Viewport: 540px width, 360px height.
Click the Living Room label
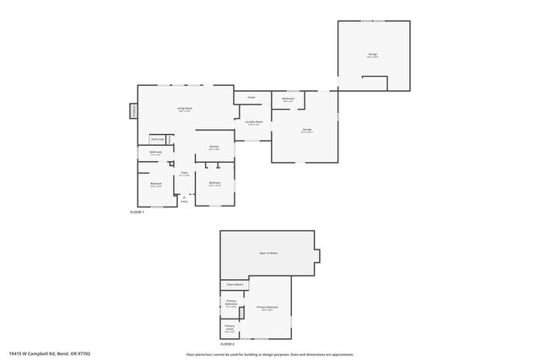pos(184,109)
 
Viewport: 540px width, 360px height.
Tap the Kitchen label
pos(214,147)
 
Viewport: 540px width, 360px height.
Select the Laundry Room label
pos(253,122)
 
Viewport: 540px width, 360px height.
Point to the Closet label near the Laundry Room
pos(251,98)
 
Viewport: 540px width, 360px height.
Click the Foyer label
pos(184,173)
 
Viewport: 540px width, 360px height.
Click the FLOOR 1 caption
pos(137,212)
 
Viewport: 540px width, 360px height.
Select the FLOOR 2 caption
pos(228,344)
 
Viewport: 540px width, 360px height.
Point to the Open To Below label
pos(268,252)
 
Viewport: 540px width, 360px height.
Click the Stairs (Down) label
pos(234,285)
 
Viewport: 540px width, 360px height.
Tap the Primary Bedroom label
pos(267,308)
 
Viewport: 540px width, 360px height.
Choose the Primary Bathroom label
pos(231,302)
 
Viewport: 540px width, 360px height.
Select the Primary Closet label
pos(229,327)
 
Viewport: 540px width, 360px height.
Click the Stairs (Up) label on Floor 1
pos(157,138)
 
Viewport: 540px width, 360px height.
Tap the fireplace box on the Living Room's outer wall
pos(133,111)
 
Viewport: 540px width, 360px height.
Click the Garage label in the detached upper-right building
pos(372,55)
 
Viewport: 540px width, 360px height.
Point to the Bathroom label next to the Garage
pos(289,99)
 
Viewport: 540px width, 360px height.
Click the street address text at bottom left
pos(49,353)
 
